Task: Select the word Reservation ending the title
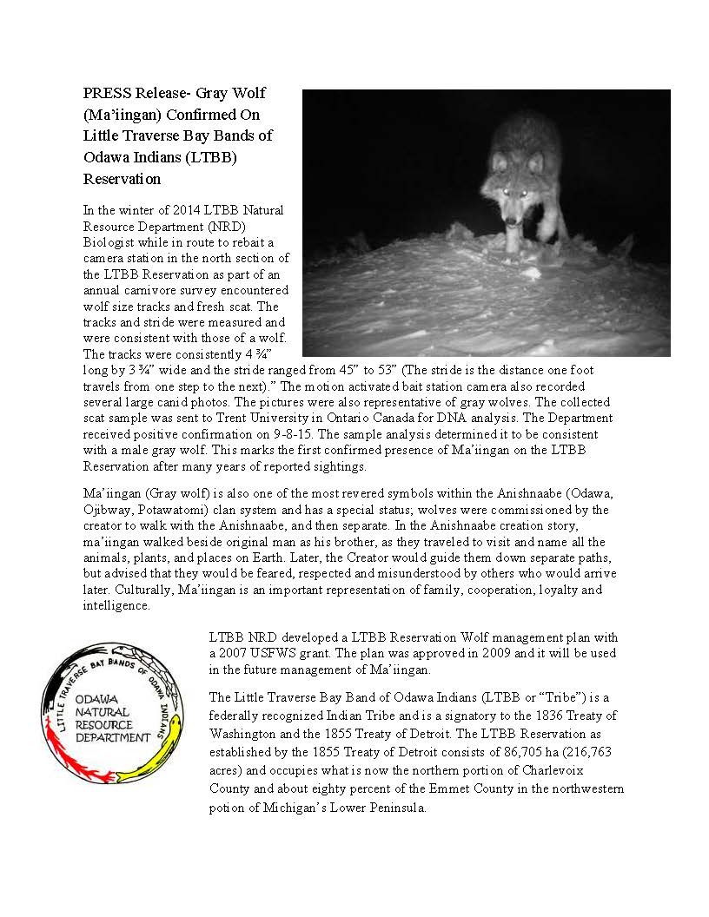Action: point(122,179)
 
